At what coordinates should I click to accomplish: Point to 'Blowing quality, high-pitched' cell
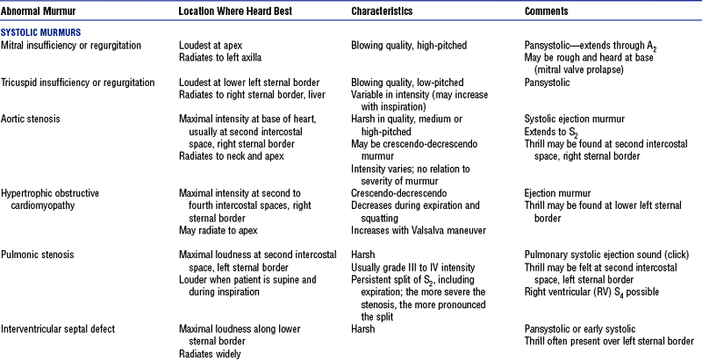(x=409, y=44)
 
